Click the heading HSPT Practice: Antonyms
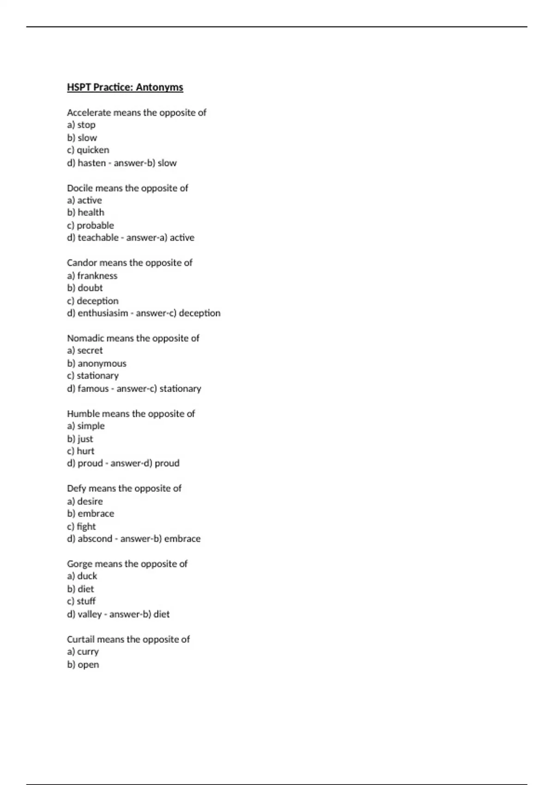click(x=125, y=87)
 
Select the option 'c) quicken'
click(x=88, y=150)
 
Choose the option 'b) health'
click(x=85, y=212)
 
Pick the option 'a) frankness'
click(x=92, y=276)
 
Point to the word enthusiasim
click(x=102, y=313)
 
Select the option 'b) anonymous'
click(x=96, y=363)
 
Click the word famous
click(x=93, y=389)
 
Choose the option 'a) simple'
click(x=86, y=426)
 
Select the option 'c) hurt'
click(x=80, y=451)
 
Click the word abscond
click(x=95, y=539)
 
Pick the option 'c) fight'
click(x=81, y=526)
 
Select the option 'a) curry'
click(x=83, y=652)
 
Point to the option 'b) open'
click(x=83, y=664)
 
